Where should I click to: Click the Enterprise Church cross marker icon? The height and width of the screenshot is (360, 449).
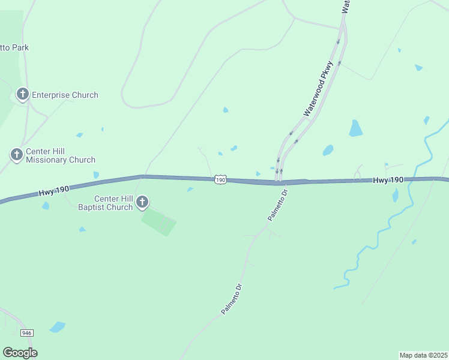click(x=22, y=94)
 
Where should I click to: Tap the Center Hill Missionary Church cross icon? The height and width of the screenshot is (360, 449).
click(x=16, y=155)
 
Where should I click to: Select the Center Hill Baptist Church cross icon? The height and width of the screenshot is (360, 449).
click(x=142, y=202)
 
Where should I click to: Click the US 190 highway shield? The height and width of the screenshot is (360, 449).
click(x=220, y=180)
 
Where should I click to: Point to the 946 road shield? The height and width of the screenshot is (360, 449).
click(x=26, y=332)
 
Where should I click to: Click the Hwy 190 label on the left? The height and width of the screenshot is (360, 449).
click(x=54, y=190)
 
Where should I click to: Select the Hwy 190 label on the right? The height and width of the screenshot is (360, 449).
click(x=388, y=180)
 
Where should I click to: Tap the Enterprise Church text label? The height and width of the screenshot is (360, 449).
click(x=65, y=95)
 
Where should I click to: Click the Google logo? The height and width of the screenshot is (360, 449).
click(x=20, y=353)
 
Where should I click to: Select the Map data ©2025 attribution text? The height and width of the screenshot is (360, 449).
click(x=423, y=355)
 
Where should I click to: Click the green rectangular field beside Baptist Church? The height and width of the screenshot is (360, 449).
click(x=159, y=221)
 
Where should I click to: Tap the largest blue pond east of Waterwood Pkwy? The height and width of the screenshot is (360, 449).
click(x=356, y=128)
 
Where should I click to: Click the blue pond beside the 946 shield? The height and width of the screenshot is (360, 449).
click(x=58, y=327)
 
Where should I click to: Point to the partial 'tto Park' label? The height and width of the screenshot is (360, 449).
click(x=14, y=47)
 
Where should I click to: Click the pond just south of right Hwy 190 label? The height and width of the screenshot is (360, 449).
click(x=395, y=195)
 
